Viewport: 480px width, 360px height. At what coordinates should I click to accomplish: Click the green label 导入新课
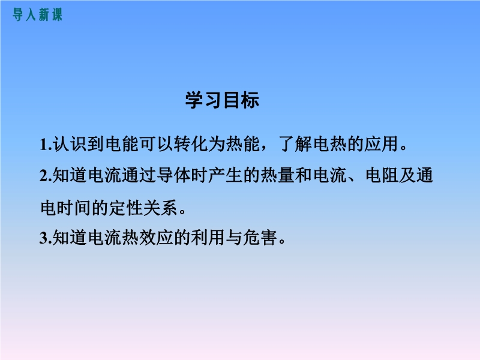click(x=37, y=14)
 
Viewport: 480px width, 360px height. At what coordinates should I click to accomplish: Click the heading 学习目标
click(x=222, y=100)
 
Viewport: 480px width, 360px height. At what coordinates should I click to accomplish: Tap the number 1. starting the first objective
click(x=46, y=144)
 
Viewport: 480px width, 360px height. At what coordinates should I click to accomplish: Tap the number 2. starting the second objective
click(x=46, y=176)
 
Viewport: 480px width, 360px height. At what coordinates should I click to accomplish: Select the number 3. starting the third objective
click(x=46, y=238)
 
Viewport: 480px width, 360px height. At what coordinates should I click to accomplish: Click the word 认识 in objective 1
click(x=70, y=143)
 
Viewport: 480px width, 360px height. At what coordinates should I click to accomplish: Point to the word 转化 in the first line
click(x=191, y=143)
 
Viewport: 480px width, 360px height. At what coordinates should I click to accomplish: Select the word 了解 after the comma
click(x=295, y=143)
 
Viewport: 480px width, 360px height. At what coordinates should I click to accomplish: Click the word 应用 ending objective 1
click(x=382, y=143)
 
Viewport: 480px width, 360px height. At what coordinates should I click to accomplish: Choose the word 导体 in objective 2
click(x=173, y=175)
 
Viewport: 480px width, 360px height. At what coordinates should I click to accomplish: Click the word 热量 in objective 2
click(x=277, y=175)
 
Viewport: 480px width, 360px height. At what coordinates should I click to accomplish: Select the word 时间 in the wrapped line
click(x=74, y=208)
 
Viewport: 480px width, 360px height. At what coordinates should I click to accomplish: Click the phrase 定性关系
click(x=143, y=208)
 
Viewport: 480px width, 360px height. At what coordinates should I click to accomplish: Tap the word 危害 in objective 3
click(x=260, y=238)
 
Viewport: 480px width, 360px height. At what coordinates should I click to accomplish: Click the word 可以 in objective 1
click(x=156, y=143)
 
